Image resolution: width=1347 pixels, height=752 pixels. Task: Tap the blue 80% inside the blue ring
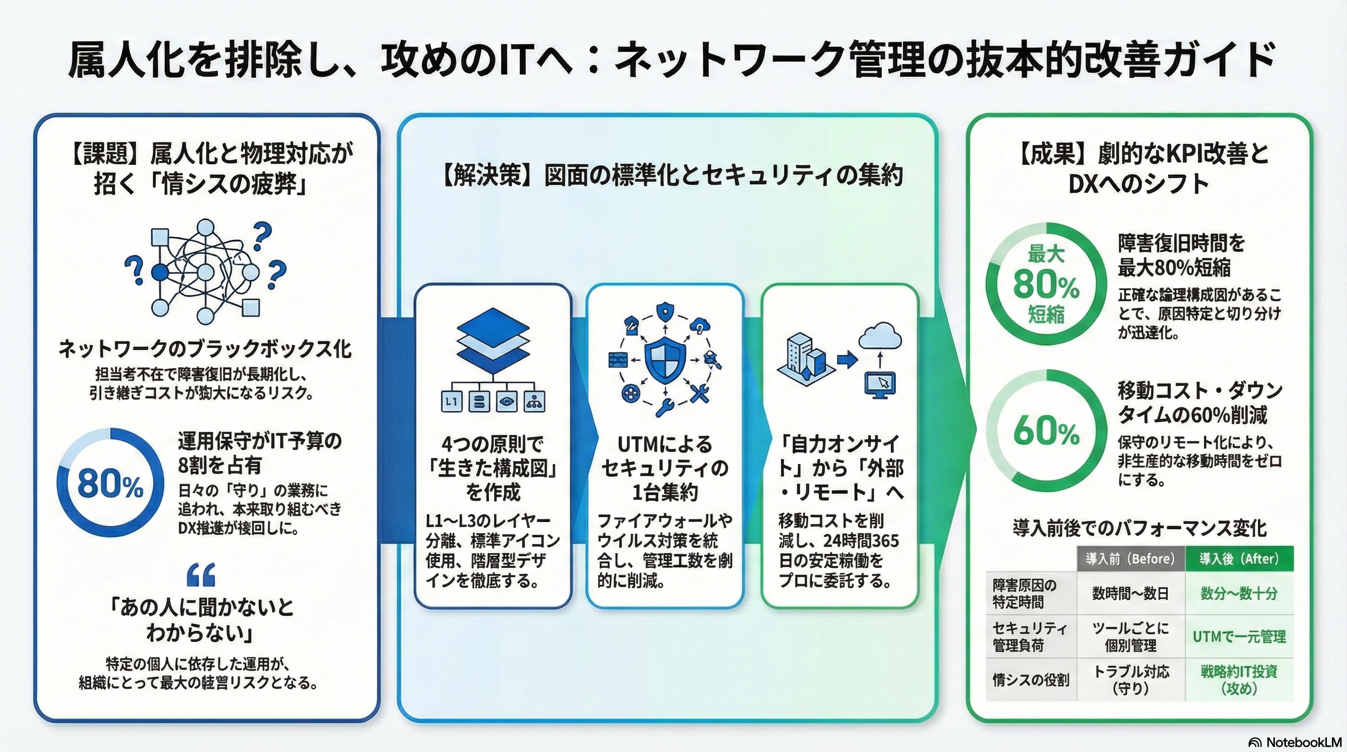coord(110,484)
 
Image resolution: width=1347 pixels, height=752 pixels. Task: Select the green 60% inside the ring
coord(1046,432)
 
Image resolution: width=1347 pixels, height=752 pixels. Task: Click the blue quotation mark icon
coord(201,575)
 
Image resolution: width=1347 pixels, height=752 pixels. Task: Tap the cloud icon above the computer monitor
coord(880,336)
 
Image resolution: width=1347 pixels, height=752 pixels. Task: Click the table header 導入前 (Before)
coord(1130,559)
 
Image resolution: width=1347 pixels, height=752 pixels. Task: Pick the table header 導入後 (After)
coord(1239,559)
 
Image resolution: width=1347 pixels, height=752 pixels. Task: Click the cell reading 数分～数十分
coord(1239,593)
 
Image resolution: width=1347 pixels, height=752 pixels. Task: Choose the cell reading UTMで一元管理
coord(1239,637)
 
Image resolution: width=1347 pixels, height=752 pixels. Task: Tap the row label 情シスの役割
coord(1031,680)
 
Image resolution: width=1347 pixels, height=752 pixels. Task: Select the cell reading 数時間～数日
coord(1130,593)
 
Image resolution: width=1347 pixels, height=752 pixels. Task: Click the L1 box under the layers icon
coord(451,402)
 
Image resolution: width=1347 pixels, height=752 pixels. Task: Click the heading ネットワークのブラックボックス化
coord(205,349)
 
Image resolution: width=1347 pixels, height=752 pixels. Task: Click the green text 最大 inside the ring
coord(1046,255)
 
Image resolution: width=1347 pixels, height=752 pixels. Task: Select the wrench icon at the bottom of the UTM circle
coord(665,407)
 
